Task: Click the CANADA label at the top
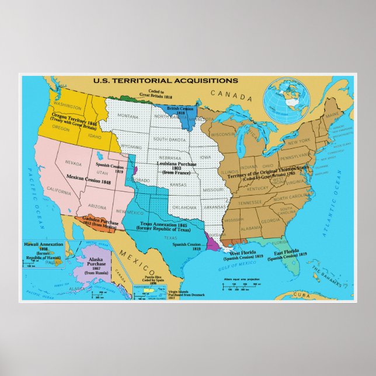click(224, 93)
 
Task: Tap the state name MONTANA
click(129, 117)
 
